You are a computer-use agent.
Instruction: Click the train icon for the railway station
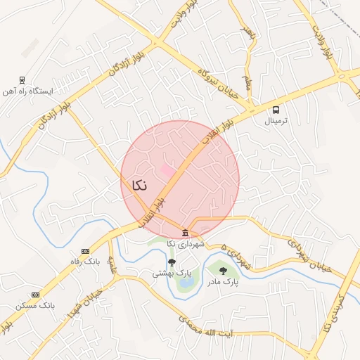click(x=23, y=80)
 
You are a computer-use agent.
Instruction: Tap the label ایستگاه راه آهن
click(x=28, y=91)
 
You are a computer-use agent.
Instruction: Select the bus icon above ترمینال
click(x=276, y=110)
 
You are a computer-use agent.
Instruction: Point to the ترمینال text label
click(x=276, y=121)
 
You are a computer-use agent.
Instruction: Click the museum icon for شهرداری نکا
click(x=185, y=233)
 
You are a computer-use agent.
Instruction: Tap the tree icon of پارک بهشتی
click(x=172, y=262)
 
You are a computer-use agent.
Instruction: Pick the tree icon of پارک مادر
click(x=223, y=271)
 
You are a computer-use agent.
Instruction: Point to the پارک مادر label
click(x=223, y=282)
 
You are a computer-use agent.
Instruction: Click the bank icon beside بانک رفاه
click(x=86, y=251)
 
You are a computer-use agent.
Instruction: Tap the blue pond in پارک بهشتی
click(x=185, y=284)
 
